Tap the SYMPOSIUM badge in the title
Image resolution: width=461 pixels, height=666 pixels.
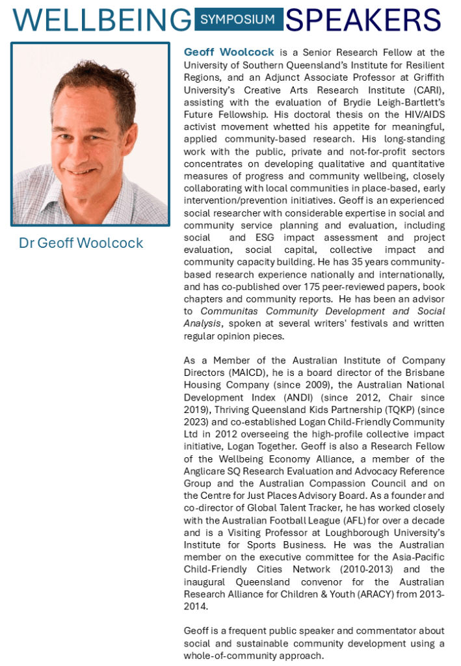[238, 20]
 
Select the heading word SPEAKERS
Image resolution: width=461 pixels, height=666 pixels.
[363, 20]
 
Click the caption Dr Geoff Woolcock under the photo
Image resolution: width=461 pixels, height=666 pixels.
[81, 243]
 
